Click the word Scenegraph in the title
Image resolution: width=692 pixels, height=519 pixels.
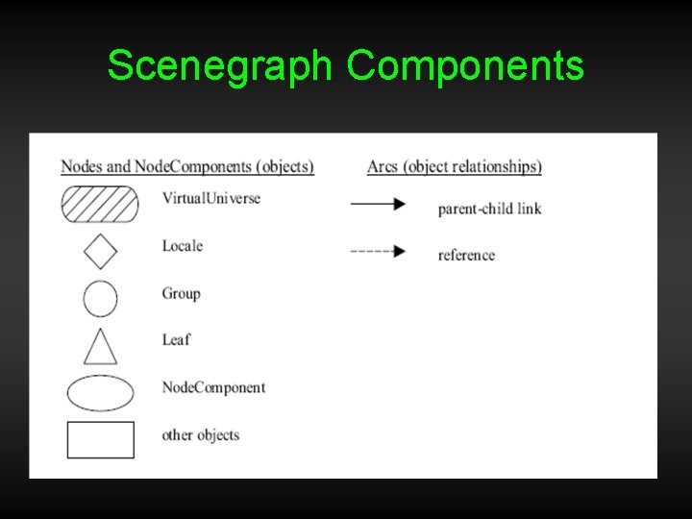pyautogui.click(x=220, y=66)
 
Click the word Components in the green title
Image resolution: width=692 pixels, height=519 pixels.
pyautogui.click(x=465, y=66)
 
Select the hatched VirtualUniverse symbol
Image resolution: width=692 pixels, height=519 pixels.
pyautogui.click(x=100, y=203)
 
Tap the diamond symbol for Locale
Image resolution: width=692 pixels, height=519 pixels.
pyautogui.click(x=100, y=251)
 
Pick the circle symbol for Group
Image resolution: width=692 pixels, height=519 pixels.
pyautogui.click(x=100, y=298)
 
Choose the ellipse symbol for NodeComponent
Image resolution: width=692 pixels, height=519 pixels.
pyautogui.click(x=100, y=392)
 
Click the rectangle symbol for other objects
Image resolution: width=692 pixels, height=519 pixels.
pyautogui.click(x=100, y=439)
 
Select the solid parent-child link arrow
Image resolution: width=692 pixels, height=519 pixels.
pyautogui.click(x=378, y=204)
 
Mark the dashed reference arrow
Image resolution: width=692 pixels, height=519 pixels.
pyautogui.click(x=378, y=252)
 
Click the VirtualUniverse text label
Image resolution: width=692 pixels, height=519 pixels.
pyautogui.click(x=210, y=199)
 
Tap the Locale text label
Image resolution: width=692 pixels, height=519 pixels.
pyautogui.click(x=182, y=246)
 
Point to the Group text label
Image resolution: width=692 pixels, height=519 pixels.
pyautogui.click(x=181, y=293)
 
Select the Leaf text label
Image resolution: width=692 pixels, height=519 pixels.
pyautogui.click(x=176, y=339)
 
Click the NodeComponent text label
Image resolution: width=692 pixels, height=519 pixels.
pyautogui.click(x=213, y=387)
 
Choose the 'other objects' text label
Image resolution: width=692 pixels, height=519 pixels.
pyautogui.click(x=200, y=434)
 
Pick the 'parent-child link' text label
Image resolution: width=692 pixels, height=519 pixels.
pyautogui.click(x=489, y=209)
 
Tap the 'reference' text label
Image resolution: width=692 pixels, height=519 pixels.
pyautogui.click(x=466, y=255)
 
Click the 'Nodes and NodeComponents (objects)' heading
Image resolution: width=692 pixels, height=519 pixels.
pyautogui.click(x=187, y=166)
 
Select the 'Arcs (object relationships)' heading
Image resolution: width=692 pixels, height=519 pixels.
pyautogui.click(x=454, y=166)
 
